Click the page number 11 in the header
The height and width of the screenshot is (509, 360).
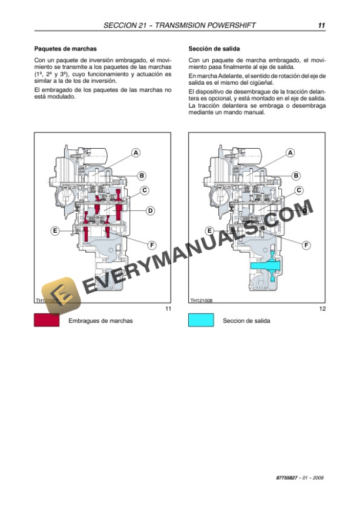click(321, 26)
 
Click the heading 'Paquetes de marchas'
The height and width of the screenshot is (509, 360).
click(65, 49)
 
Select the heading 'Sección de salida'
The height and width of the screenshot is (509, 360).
click(214, 49)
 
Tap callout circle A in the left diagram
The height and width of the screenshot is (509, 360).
click(136, 153)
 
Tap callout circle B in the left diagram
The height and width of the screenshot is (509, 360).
click(142, 175)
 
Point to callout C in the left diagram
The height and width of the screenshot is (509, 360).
click(145, 190)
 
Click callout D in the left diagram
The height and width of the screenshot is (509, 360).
click(150, 210)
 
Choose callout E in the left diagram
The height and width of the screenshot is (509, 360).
click(55, 231)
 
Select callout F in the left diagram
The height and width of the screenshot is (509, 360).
click(151, 244)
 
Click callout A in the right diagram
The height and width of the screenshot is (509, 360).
click(290, 153)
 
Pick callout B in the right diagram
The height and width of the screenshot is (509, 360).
click(296, 175)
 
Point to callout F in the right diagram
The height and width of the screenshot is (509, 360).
click(306, 244)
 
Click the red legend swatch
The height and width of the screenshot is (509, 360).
click(47, 320)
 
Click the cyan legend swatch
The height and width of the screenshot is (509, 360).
click(201, 320)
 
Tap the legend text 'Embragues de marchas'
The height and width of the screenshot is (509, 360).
click(101, 321)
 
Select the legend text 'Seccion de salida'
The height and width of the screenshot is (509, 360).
click(247, 321)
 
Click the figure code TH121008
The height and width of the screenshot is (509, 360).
click(201, 300)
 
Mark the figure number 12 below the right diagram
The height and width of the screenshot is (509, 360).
click(322, 309)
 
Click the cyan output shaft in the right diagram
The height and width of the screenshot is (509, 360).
click(265, 266)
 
